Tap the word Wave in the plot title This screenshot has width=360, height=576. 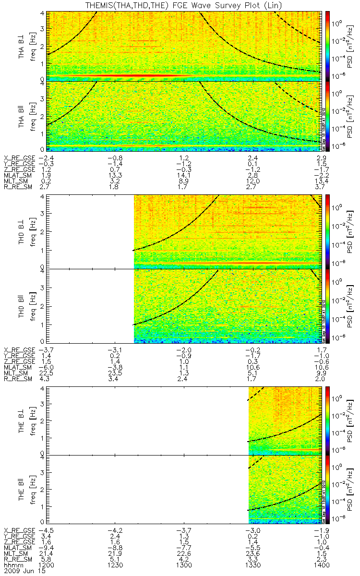click(197, 5)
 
